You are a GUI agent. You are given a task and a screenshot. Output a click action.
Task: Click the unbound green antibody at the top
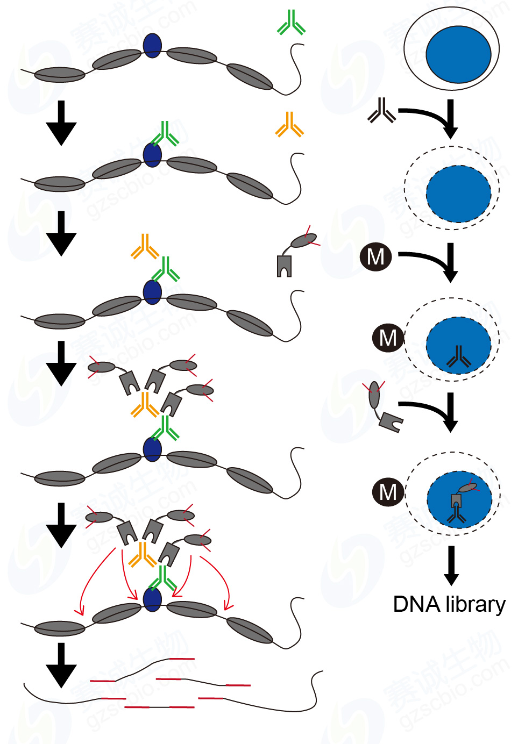point(291,23)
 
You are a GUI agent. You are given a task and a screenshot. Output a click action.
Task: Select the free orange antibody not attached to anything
point(289,125)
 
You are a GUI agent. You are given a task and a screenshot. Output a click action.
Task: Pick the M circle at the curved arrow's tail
point(375,256)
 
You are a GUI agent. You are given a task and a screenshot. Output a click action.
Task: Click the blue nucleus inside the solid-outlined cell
point(458,54)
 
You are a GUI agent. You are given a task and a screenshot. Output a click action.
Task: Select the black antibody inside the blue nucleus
point(458,356)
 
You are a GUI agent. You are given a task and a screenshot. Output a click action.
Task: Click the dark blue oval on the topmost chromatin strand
point(153,45)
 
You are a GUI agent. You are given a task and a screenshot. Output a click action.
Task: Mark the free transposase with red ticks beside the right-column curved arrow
point(382,406)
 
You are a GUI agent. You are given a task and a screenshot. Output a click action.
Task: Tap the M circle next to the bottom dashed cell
point(388,492)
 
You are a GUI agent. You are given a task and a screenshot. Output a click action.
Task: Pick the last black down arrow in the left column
point(61,665)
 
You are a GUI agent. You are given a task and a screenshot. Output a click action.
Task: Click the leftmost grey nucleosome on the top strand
point(60,74)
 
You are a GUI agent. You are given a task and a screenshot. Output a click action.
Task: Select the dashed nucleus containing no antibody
point(458,194)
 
